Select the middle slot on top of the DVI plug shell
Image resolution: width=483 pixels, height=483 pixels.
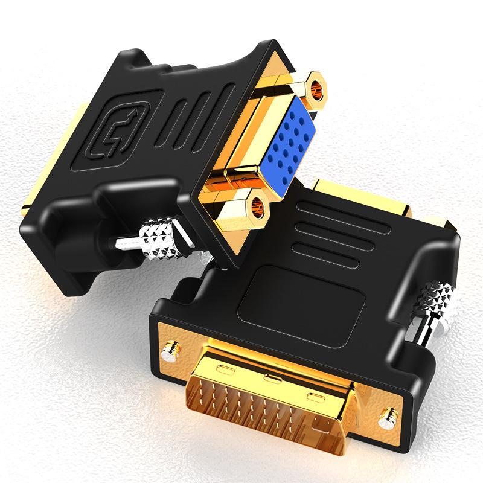[x=268, y=379]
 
